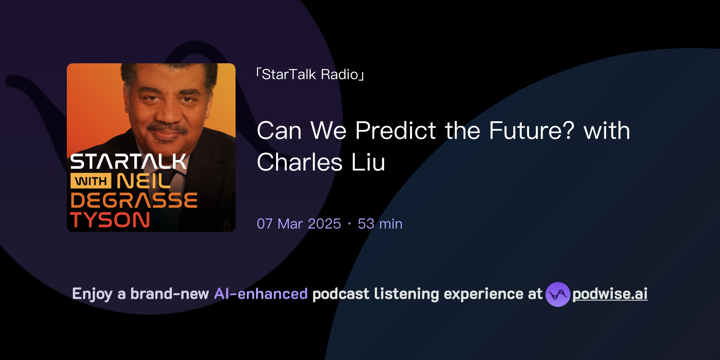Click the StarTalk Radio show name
pos(310,75)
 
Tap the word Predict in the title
pos(396,131)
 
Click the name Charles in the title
pos(300,162)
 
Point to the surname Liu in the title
pos(368,162)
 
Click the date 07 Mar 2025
pos(299,224)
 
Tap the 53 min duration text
pos(380,224)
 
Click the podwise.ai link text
pos(610,294)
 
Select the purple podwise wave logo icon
pos(558,294)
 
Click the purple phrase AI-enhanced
pos(261,294)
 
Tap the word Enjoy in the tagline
pos(92,294)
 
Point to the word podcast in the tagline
pos(341,294)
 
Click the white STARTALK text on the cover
pos(128,162)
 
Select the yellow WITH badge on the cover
pos(91,181)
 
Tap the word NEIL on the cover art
pos(143,181)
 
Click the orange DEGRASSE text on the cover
pos(134,200)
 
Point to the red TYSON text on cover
pos(110,220)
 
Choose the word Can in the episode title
pos(279,131)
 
